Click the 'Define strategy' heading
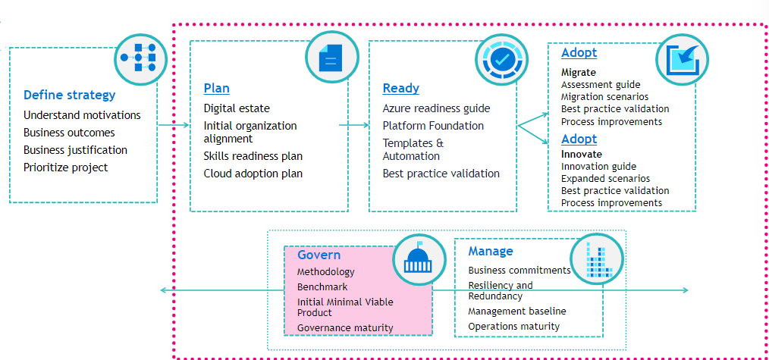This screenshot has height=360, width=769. coord(69,95)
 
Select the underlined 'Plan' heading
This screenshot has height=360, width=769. coord(216,88)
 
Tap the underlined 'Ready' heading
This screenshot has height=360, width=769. coord(400,88)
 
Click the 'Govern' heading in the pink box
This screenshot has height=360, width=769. coord(319,255)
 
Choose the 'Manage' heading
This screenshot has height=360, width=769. coord(490,251)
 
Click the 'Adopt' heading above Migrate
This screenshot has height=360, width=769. coord(579,53)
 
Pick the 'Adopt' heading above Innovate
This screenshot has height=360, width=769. coord(579,139)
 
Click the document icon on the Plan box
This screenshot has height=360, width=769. coord(328,57)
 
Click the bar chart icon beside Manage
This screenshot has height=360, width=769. coord(597,259)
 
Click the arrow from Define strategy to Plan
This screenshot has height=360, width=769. coord(173,124)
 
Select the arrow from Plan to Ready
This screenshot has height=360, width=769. coord(353,124)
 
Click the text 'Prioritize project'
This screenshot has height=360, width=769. coord(65,167)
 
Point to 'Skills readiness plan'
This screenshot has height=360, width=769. coord(253,156)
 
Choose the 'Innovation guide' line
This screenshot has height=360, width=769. coord(598,167)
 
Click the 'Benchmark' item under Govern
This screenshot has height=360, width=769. coord(322,287)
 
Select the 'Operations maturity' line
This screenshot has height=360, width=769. coord(513,327)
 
